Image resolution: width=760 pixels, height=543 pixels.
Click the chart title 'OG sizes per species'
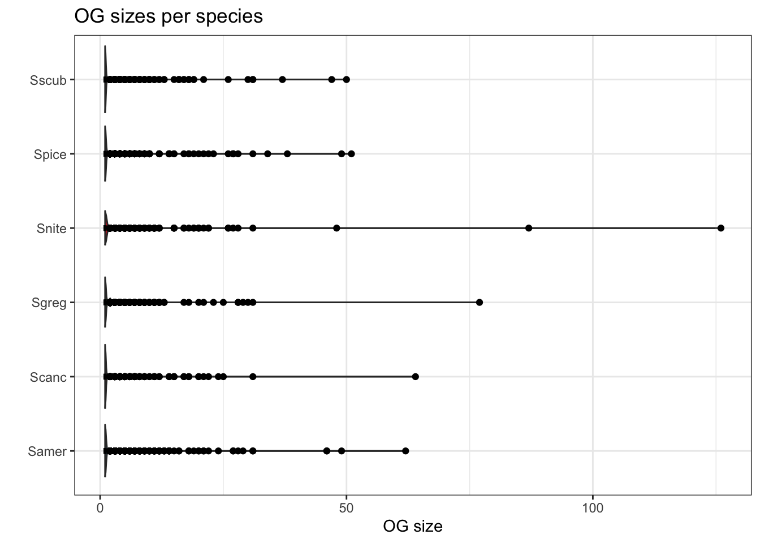[x=169, y=16]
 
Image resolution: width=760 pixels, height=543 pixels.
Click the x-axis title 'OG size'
[x=412, y=527]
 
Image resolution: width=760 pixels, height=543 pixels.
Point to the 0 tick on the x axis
[x=100, y=507]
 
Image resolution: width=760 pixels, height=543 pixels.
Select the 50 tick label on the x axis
[x=346, y=507]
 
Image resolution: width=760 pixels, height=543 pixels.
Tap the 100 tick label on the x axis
[x=593, y=507]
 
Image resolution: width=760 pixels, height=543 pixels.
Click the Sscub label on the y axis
[x=48, y=80]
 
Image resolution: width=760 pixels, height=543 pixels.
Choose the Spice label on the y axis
[x=50, y=154]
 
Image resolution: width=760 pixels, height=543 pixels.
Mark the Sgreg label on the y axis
[x=49, y=303]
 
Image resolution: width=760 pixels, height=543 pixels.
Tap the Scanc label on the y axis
[x=48, y=377]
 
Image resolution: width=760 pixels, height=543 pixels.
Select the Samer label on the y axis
[x=47, y=451]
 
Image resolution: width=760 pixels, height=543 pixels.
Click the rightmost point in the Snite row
[x=720, y=228]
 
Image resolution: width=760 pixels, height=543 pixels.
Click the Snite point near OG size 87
[x=529, y=228]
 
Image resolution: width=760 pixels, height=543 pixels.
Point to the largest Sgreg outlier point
[x=480, y=303]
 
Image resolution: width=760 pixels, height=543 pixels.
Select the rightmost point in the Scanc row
[x=415, y=377]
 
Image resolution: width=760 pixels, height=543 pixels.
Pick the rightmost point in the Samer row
[x=405, y=451]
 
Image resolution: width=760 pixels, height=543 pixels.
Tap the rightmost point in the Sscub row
[x=346, y=79]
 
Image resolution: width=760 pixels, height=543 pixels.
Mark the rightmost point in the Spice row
[x=351, y=154]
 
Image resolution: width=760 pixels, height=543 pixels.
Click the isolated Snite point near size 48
[x=336, y=228]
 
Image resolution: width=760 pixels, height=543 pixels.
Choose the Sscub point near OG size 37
[x=282, y=79]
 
